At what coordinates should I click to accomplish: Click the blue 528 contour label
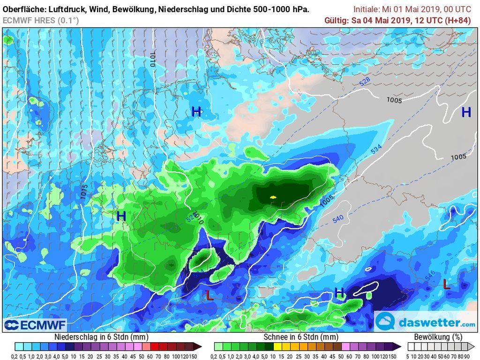(x=365, y=81)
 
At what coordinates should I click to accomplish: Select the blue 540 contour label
(x=337, y=219)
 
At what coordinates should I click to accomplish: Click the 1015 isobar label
(x=84, y=192)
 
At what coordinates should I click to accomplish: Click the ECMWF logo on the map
(x=35, y=325)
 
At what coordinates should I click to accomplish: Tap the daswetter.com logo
(x=426, y=322)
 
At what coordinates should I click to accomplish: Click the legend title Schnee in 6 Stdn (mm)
(x=300, y=337)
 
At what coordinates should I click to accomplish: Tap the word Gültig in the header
(x=336, y=20)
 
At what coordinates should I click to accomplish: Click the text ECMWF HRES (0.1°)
(x=41, y=20)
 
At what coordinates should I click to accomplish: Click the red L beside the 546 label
(x=446, y=284)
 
